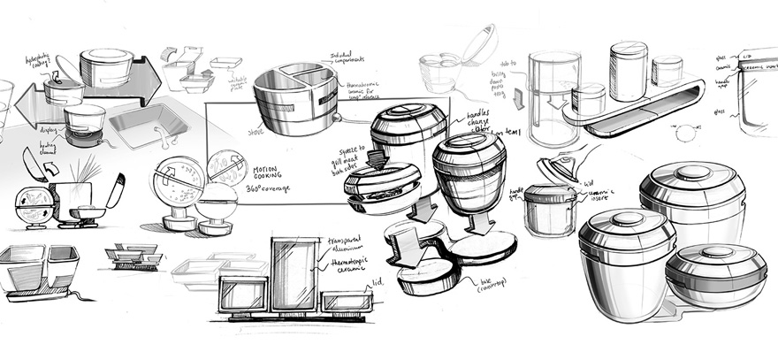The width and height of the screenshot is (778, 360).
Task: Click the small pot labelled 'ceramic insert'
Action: [x=550, y=210]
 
